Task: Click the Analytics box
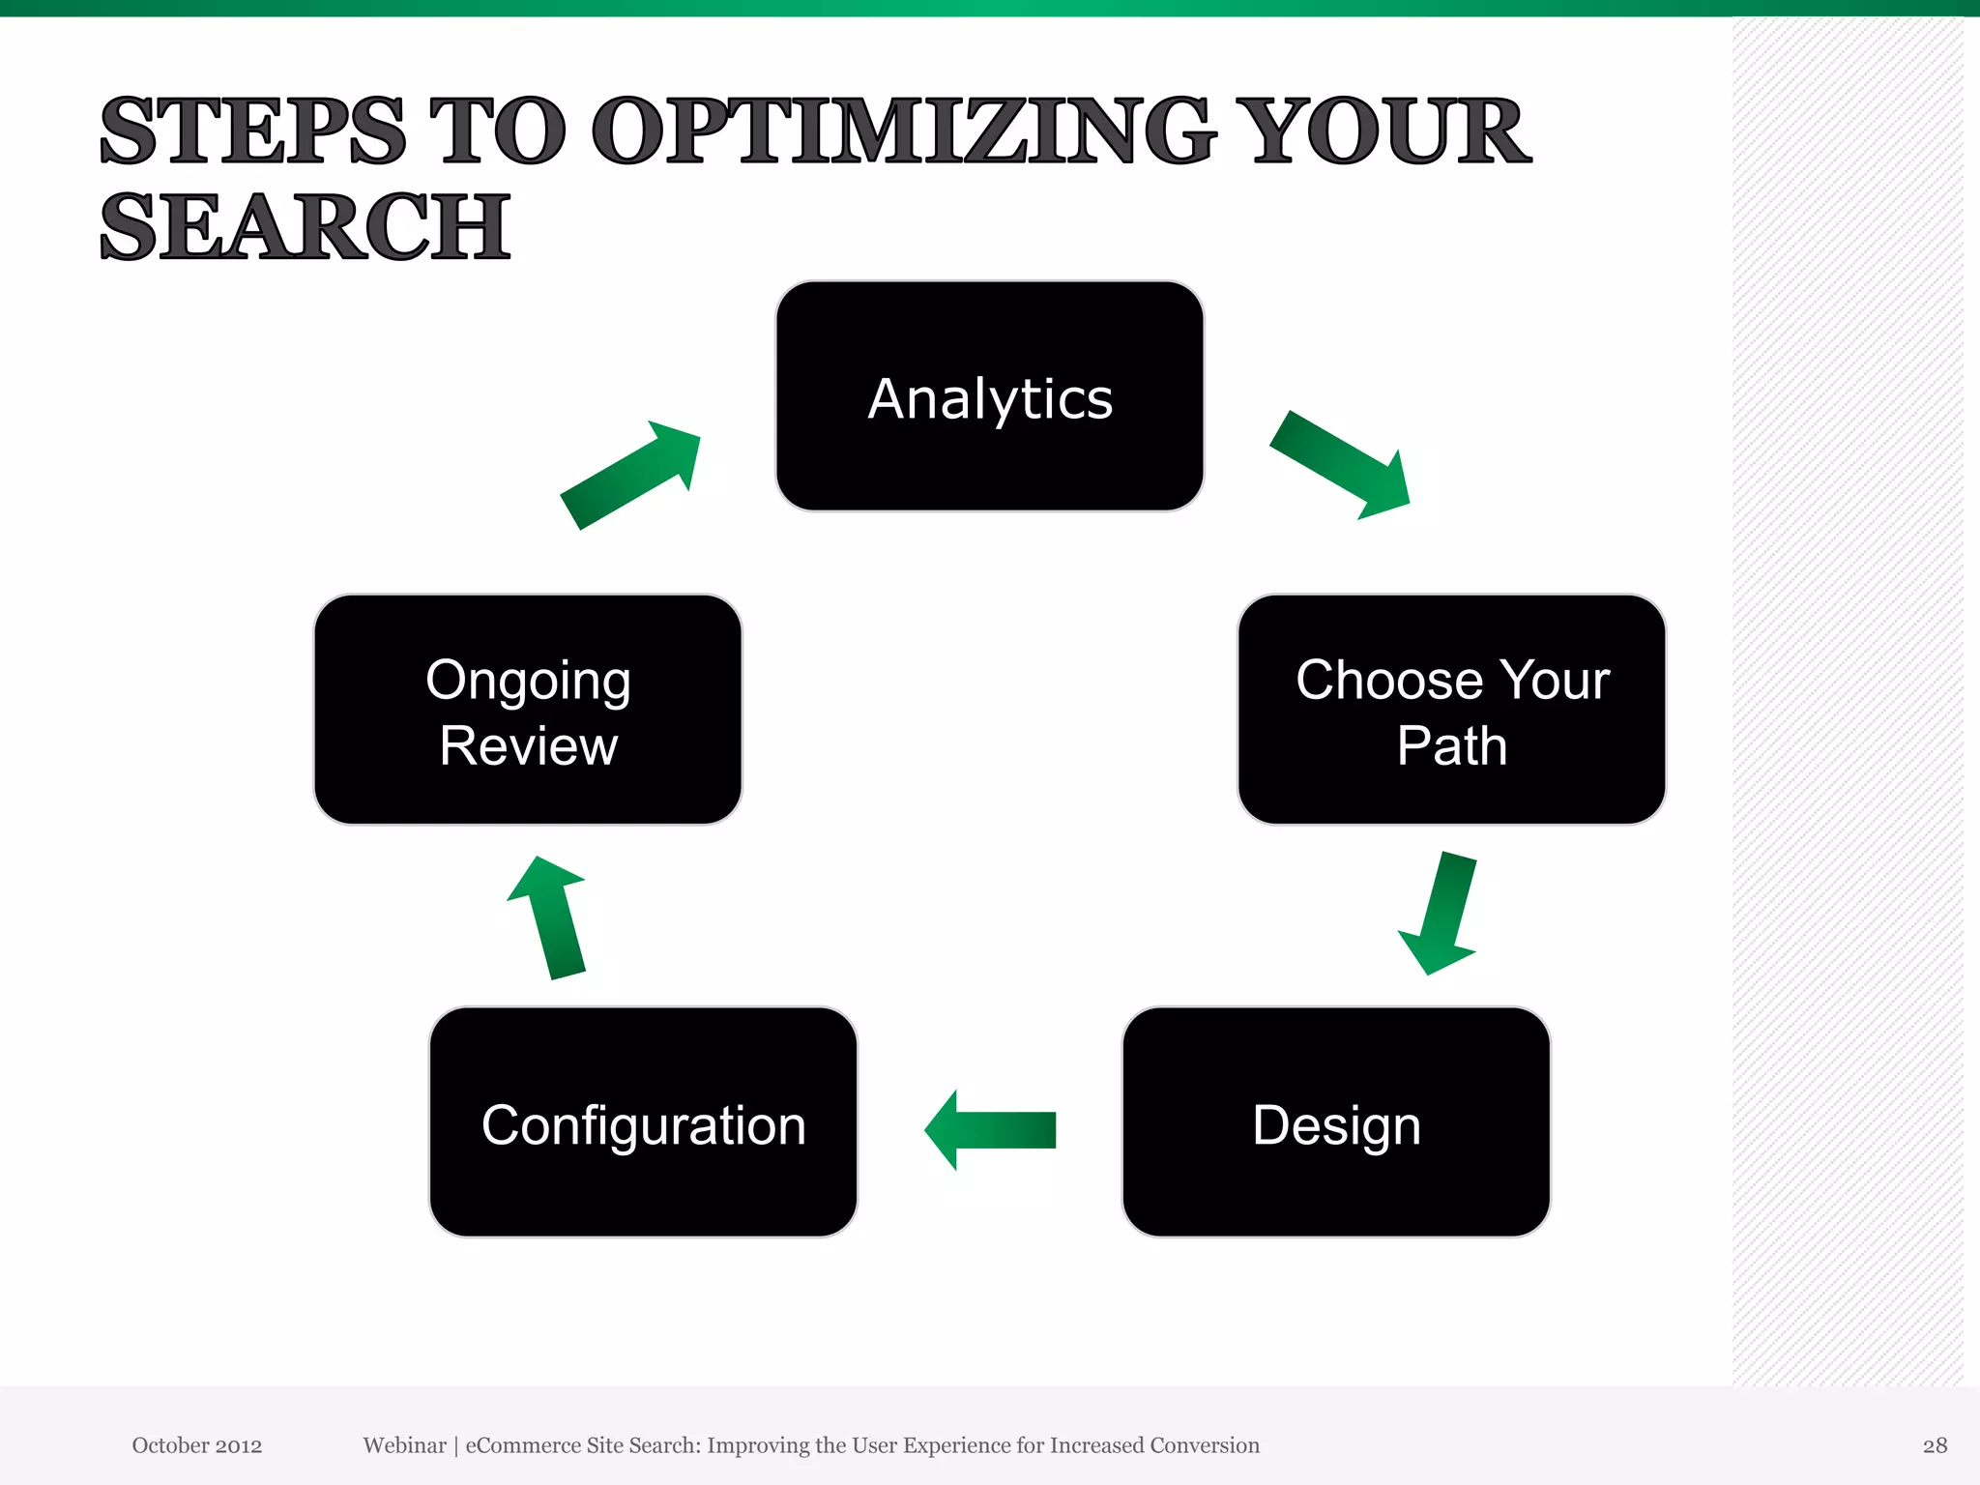989,396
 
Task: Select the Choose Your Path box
1451,710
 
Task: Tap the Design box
1336,1121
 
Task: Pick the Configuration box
643,1121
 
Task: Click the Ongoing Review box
528,710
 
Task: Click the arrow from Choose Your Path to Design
1441,914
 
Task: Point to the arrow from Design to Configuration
990,1129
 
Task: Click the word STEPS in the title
253,131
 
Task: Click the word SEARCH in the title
305,227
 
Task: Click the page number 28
1934,1445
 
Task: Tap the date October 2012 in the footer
197,1445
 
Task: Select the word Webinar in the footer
404,1445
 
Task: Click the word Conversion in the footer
1204,1445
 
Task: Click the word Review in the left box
528,745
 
